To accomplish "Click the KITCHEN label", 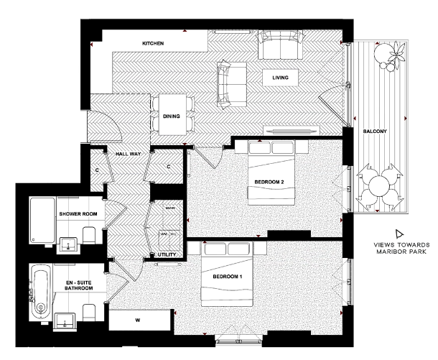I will pyautogui.click(x=153, y=44).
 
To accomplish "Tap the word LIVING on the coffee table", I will pyautogui.click(x=280, y=77).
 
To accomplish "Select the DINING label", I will pyautogui.click(x=172, y=116).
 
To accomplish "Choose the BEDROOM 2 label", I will pyautogui.click(x=269, y=182).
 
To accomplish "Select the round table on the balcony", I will pyautogui.click(x=378, y=188).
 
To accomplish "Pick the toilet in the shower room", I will pyautogui.click(x=89, y=235).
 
